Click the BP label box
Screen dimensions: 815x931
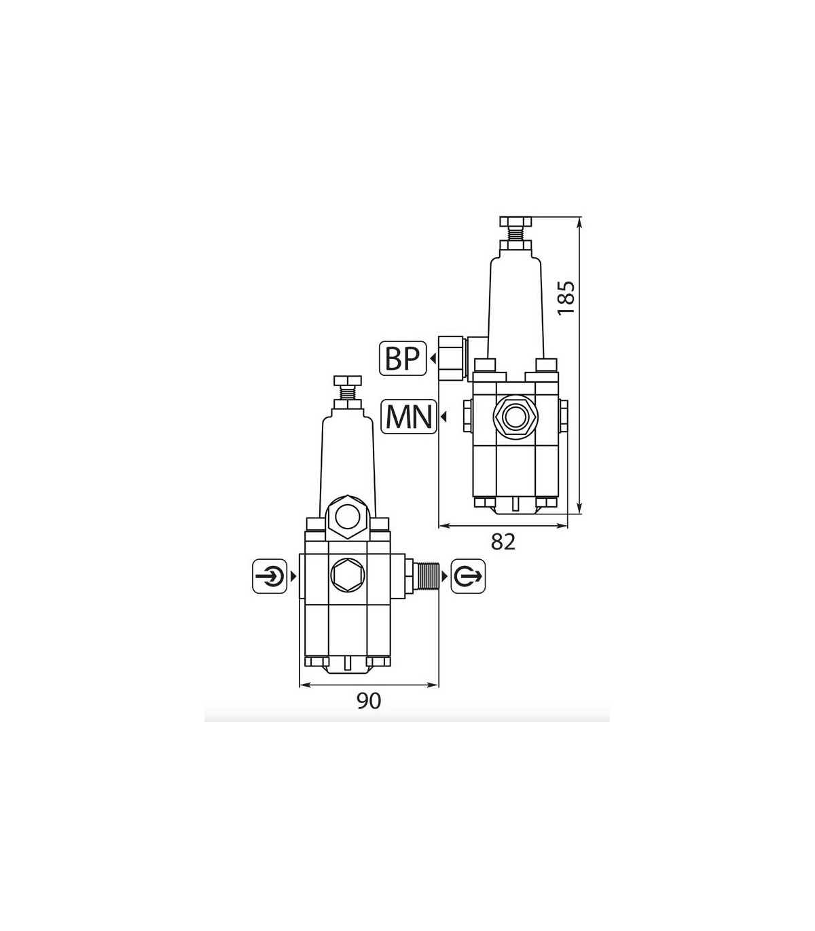tap(403, 358)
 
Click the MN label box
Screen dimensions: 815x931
tap(408, 417)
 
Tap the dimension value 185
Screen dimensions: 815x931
tap(566, 298)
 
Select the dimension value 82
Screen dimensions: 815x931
tap(503, 542)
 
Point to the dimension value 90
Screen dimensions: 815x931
tap(368, 701)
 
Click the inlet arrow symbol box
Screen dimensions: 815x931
tap(270, 576)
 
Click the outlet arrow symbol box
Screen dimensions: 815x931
tap(468, 576)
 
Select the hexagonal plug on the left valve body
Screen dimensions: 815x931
tap(348, 575)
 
